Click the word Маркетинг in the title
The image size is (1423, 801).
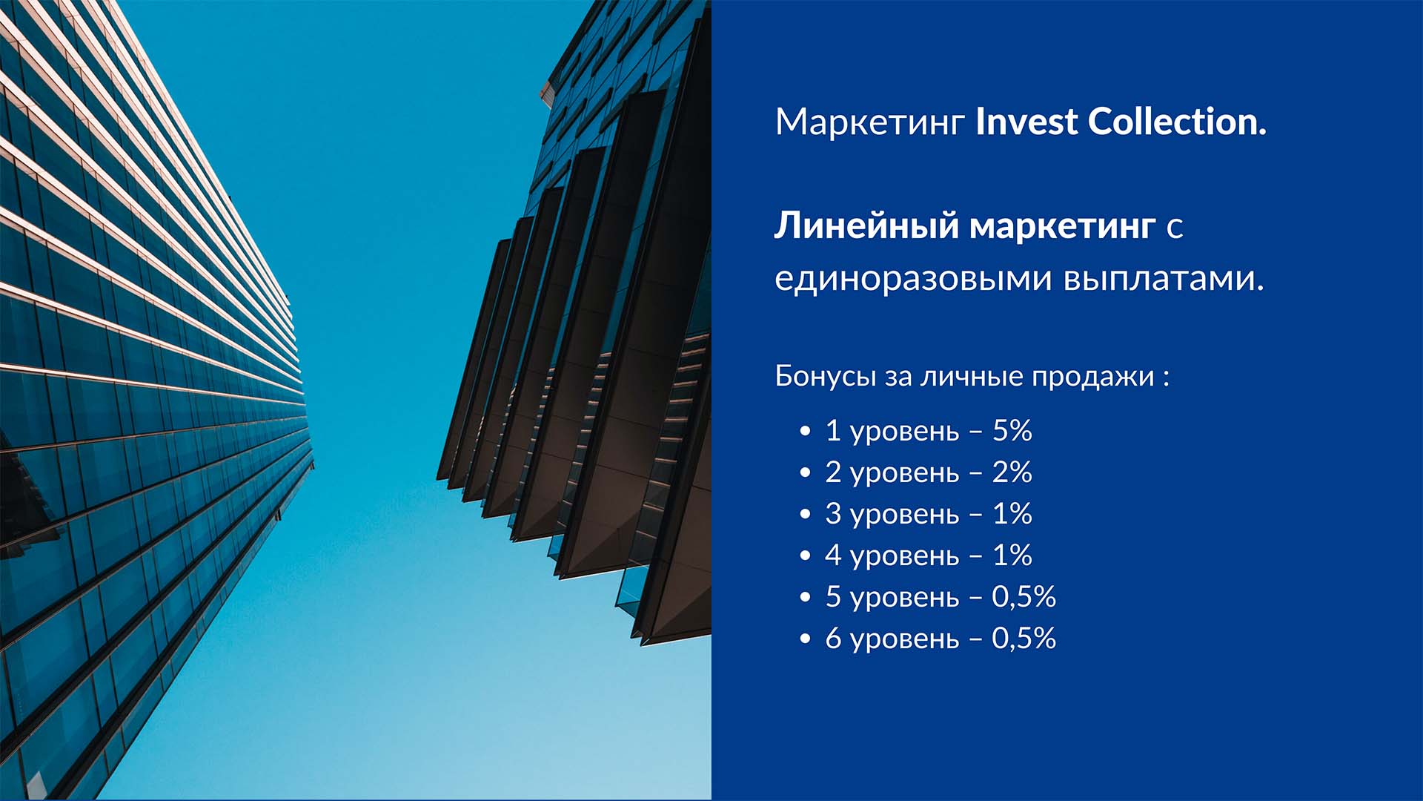pyautogui.click(x=869, y=122)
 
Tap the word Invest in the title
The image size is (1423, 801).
pyautogui.click(x=1025, y=122)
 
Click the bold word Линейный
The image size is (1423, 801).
pyautogui.click(x=866, y=225)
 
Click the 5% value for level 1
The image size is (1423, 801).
pyautogui.click(x=1012, y=430)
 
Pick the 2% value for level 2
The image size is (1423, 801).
pyautogui.click(x=1012, y=472)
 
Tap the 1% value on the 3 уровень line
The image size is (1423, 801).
pyautogui.click(x=1012, y=513)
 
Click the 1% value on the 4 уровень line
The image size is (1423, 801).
pyautogui.click(x=1012, y=555)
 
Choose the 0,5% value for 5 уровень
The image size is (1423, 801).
pyautogui.click(x=1024, y=597)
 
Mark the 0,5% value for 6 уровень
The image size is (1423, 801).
pyautogui.click(x=1024, y=639)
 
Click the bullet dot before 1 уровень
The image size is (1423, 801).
pyautogui.click(x=806, y=432)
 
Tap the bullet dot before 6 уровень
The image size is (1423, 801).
pyautogui.click(x=806, y=639)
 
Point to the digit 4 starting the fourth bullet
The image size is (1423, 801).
pyautogui.click(x=833, y=556)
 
